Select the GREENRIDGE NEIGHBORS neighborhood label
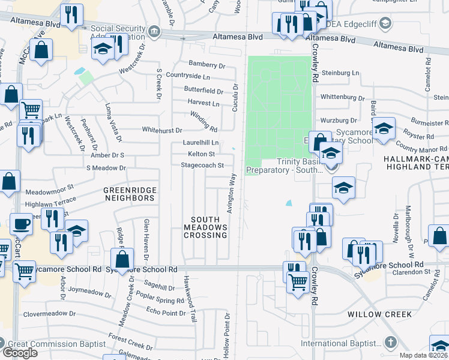point(130,194)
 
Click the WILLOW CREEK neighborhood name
point(379,314)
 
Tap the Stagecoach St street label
point(202,165)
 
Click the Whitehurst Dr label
point(161,130)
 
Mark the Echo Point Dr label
point(166,312)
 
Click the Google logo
point(20,352)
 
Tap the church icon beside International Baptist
point(391,343)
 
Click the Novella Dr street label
point(396,228)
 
